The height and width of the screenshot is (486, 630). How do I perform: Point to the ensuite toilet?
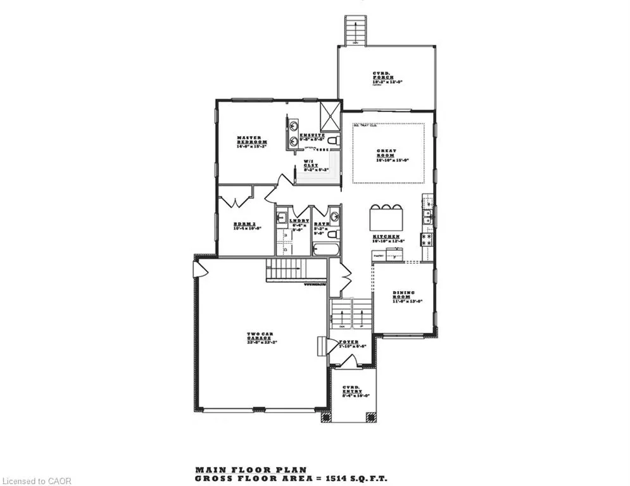click(x=334, y=140)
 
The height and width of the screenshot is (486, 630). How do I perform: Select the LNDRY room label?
click(x=299, y=223)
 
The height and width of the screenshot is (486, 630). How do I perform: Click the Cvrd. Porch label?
click(x=387, y=78)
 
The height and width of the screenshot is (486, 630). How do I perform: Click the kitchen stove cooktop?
click(x=427, y=239)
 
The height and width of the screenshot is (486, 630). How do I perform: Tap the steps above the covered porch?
click(x=355, y=30)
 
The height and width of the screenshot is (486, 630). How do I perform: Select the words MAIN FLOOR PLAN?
click(x=250, y=470)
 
